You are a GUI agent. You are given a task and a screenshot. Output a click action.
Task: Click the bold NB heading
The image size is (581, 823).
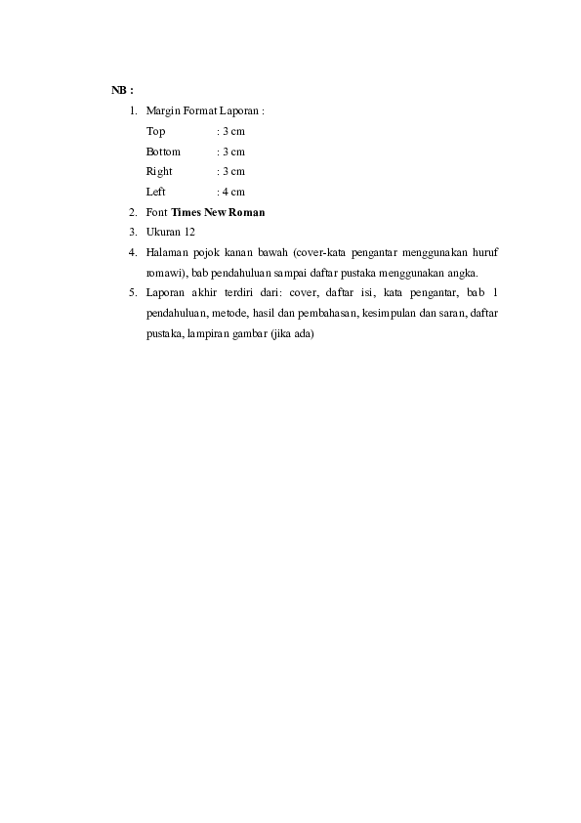tap(120, 90)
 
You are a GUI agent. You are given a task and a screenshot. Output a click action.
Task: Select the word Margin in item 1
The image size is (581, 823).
tap(162, 111)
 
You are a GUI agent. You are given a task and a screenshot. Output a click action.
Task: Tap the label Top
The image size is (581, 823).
tap(155, 131)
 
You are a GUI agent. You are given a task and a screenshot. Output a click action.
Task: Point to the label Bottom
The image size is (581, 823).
tap(163, 152)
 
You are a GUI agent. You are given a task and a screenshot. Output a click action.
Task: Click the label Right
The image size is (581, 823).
tap(159, 171)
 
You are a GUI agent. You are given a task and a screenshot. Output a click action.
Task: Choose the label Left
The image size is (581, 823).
tap(156, 192)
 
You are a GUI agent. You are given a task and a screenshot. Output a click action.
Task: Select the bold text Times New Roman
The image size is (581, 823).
tap(219, 212)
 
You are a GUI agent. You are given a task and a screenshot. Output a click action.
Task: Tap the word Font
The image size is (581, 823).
tap(156, 212)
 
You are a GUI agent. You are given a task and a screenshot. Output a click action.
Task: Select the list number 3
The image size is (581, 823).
tap(131, 232)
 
